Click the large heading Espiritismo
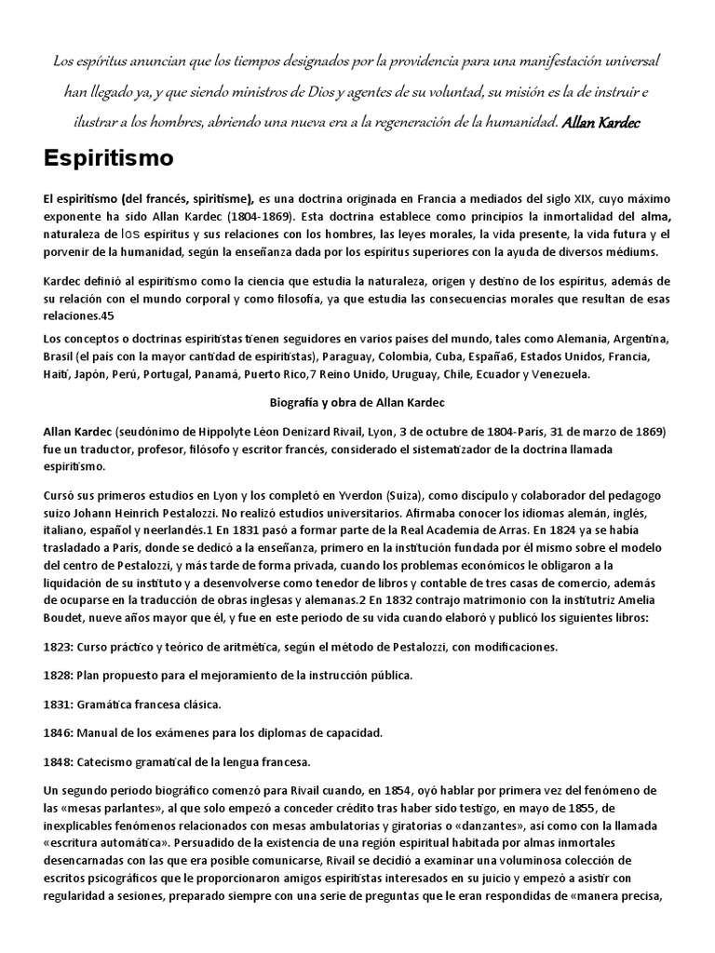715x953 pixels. tap(108, 158)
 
